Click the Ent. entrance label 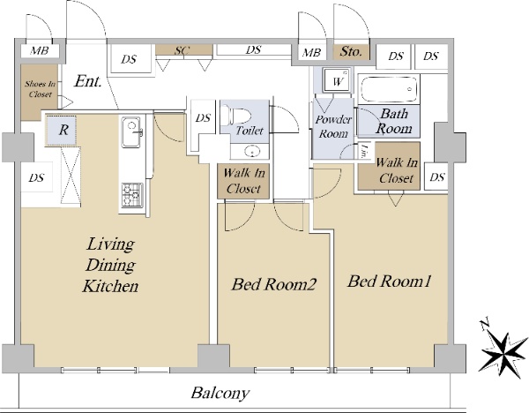click(89, 82)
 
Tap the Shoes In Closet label click(39, 88)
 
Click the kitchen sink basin click(131, 135)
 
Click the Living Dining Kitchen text click(109, 263)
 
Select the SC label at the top click(183, 51)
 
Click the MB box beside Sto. click(311, 53)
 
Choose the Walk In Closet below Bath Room click(395, 170)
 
